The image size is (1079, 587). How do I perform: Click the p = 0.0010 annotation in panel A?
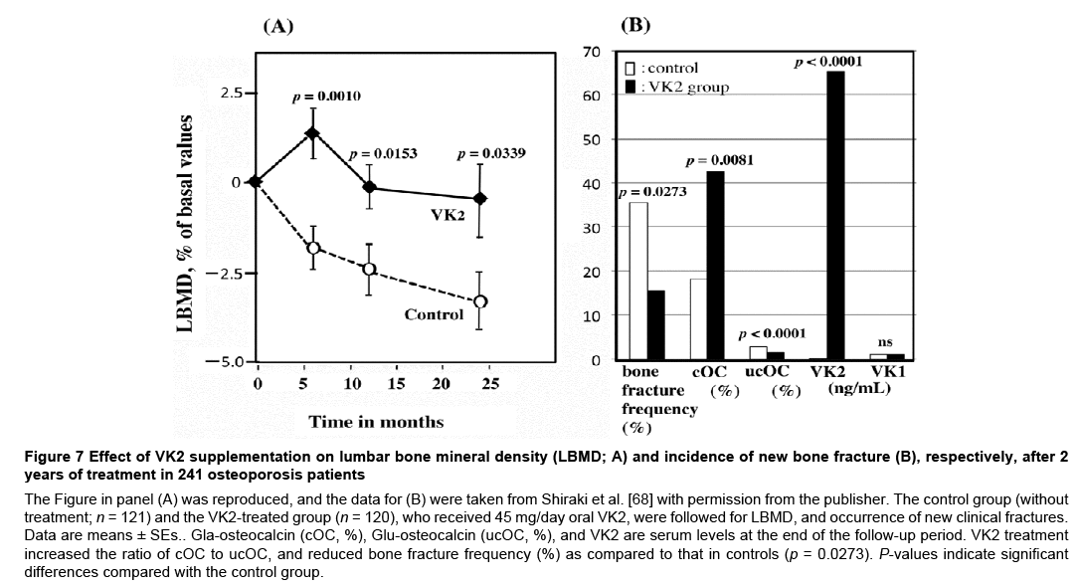tap(326, 97)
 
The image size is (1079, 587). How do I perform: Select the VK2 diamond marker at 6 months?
tap(312, 133)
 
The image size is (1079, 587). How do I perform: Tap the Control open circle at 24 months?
tap(480, 300)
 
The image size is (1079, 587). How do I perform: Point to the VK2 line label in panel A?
tap(448, 216)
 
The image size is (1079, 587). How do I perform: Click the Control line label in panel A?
tap(434, 314)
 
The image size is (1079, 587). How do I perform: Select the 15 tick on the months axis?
tap(396, 384)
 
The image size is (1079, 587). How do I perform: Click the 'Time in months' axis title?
tap(376, 421)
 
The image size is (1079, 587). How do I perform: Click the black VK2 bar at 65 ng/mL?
tap(836, 215)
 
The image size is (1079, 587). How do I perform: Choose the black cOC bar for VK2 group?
tap(715, 266)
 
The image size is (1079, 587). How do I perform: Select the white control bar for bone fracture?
tap(638, 281)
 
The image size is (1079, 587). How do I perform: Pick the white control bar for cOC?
tap(698, 319)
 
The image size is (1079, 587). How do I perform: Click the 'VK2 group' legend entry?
tap(686, 87)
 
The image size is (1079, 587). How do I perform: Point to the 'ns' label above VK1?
tap(885, 342)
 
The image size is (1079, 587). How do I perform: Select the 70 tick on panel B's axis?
tap(591, 52)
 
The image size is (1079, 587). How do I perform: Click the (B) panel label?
tap(634, 25)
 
